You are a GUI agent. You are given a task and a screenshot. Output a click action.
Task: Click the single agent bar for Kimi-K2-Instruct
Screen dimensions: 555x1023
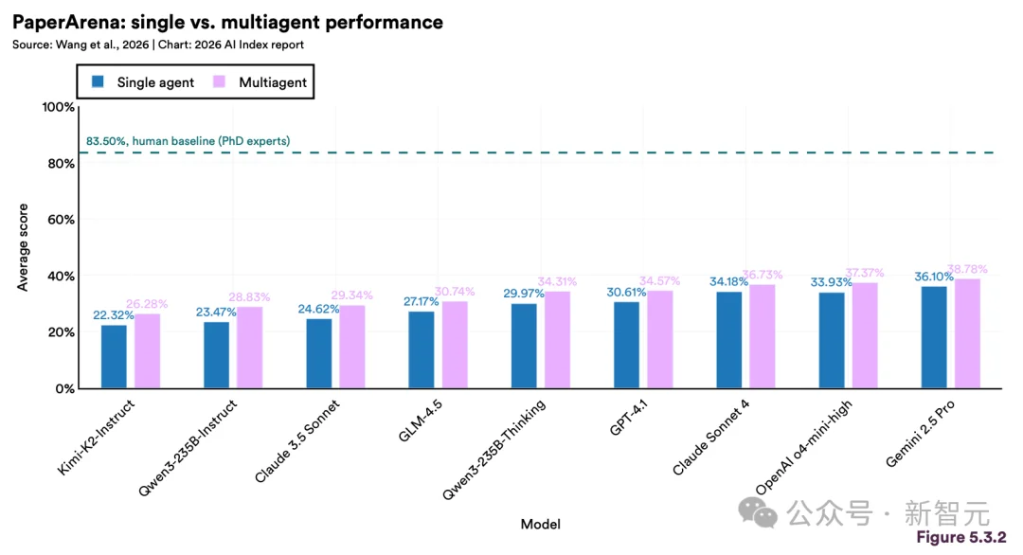coord(114,356)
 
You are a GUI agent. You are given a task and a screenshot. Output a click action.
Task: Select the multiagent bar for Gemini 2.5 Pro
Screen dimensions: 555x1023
coord(967,333)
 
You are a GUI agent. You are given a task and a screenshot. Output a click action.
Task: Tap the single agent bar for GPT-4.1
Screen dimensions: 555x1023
coord(626,345)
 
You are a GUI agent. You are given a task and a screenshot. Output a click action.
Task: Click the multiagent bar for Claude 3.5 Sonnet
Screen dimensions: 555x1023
coord(351,347)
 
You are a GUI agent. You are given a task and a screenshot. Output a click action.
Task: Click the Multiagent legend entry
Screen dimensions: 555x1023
coord(261,82)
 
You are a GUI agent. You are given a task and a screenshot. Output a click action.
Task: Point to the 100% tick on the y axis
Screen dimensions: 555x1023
coord(59,107)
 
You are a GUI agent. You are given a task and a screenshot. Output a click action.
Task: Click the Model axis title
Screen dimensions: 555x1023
coord(540,524)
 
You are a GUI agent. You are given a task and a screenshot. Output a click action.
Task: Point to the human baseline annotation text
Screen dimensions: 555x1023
coord(188,141)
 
